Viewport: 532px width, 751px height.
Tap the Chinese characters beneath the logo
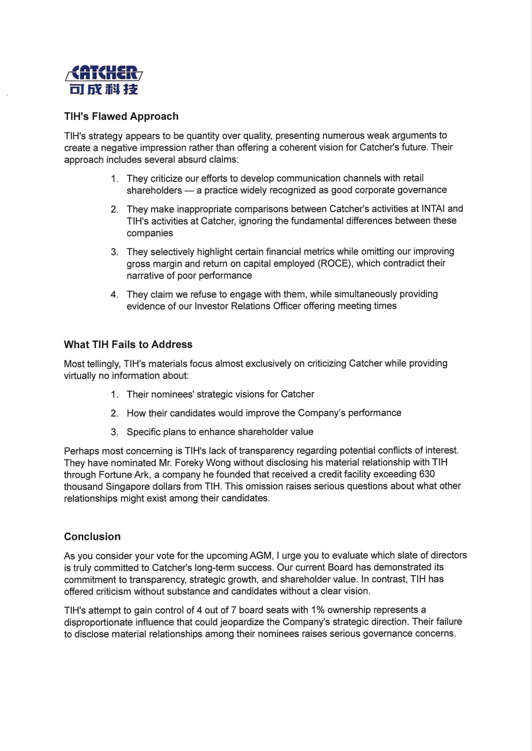click(104, 90)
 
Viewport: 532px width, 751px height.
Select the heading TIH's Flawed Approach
click(121, 116)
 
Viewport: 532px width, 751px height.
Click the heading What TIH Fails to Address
click(128, 344)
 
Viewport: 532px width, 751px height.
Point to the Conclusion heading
click(92, 536)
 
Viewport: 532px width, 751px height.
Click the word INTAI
click(433, 209)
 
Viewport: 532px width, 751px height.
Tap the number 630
click(427, 474)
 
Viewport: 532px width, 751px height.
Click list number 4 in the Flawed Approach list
click(115, 294)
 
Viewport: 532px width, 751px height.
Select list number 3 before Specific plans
click(115, 432)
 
